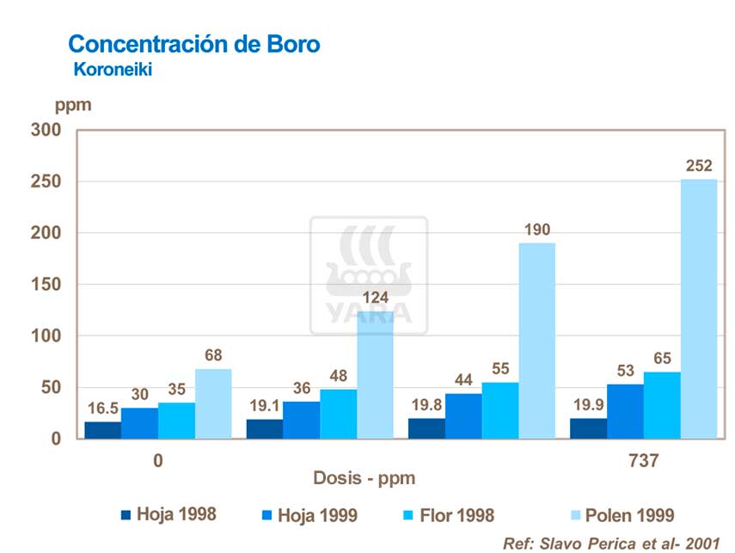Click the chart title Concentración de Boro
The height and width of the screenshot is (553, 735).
193,44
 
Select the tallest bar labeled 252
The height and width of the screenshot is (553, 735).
699,310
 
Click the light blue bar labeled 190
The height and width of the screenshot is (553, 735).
536,341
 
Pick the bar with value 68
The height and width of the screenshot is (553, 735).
213,404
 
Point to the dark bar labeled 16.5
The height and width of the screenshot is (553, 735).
102,430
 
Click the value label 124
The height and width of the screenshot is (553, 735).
376,298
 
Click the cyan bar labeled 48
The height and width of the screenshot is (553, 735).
339,414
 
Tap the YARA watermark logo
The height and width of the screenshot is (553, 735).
369,275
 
